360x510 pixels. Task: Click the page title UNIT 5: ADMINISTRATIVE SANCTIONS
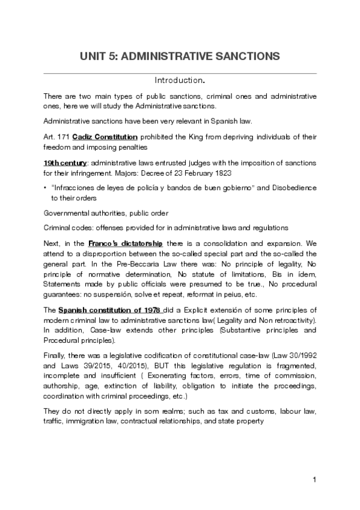(x=180, y=57)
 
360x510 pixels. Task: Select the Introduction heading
(x=180, y=80)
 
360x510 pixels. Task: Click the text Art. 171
(x=56, y=138)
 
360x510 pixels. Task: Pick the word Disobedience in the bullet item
(x=294, y=188)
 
